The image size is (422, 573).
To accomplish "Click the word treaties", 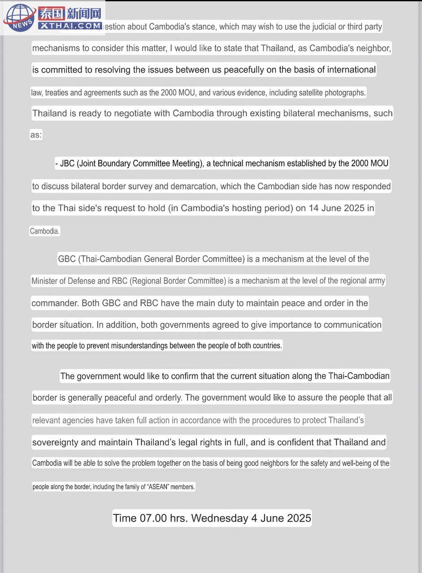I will tap(57, 93).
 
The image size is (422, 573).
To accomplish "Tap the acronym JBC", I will tap(67, 164).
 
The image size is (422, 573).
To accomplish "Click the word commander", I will tap(55, 303).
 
